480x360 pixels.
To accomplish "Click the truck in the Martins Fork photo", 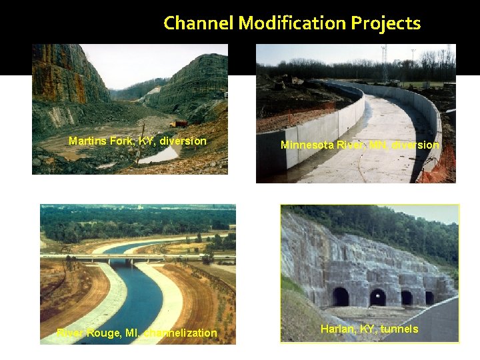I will point(179,123).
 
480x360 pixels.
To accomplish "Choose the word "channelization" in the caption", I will point(180,333).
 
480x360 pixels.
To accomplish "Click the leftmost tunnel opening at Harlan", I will point(340,297).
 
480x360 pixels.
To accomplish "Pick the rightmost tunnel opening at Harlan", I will point(430,298).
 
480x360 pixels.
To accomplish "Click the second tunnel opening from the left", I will point(377,297).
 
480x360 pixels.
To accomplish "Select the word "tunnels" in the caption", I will point(399,329).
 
